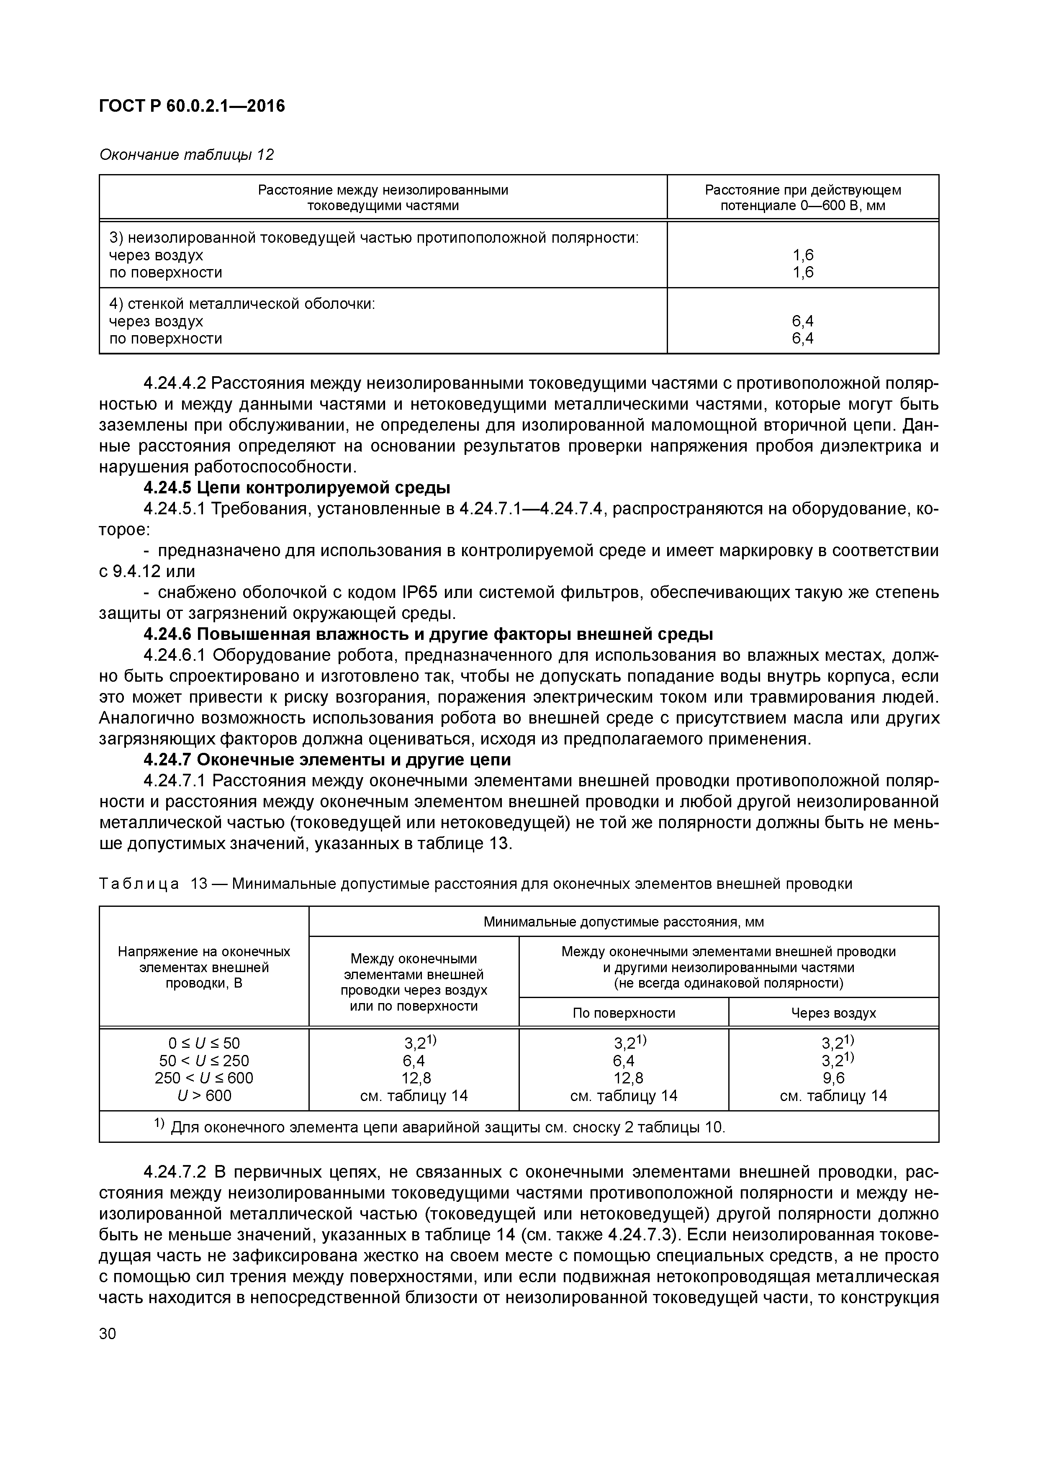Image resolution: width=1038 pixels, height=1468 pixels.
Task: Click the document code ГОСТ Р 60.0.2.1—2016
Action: coord(192,105)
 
